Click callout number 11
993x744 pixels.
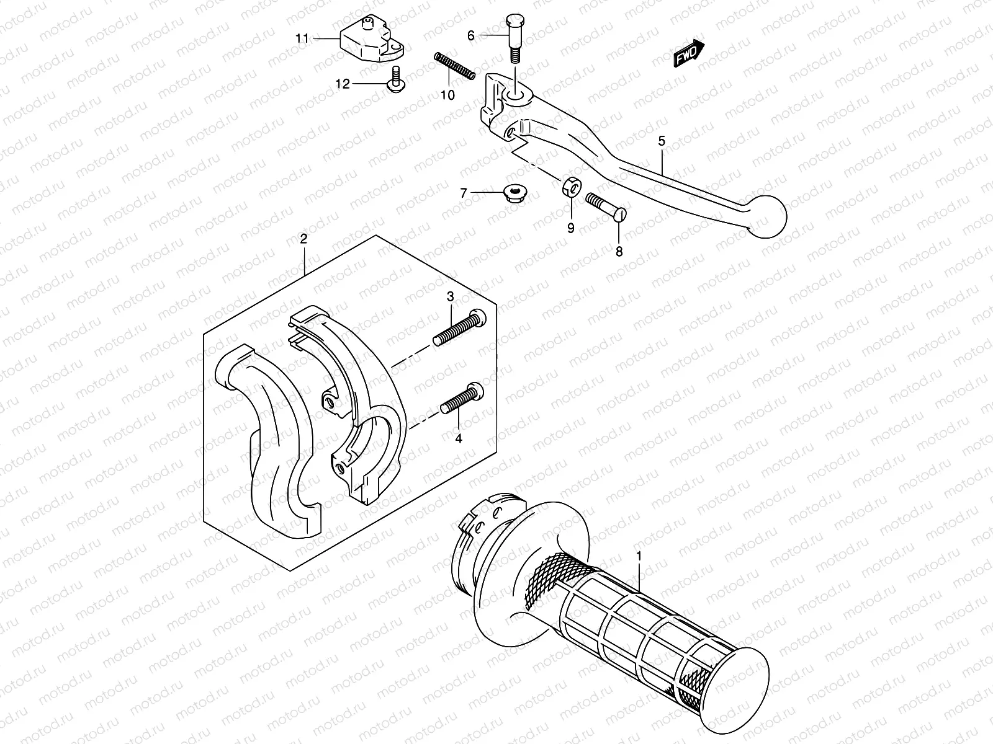[302, 38]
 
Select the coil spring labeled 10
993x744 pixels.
[454, 66]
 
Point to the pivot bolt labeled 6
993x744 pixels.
[514, 38]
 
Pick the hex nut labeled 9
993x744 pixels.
[570, 186]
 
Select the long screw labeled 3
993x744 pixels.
[460, 328]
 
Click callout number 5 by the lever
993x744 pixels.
[662, 142]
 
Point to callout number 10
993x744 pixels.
[447, 95]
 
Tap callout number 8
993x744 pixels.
[619, 252]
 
